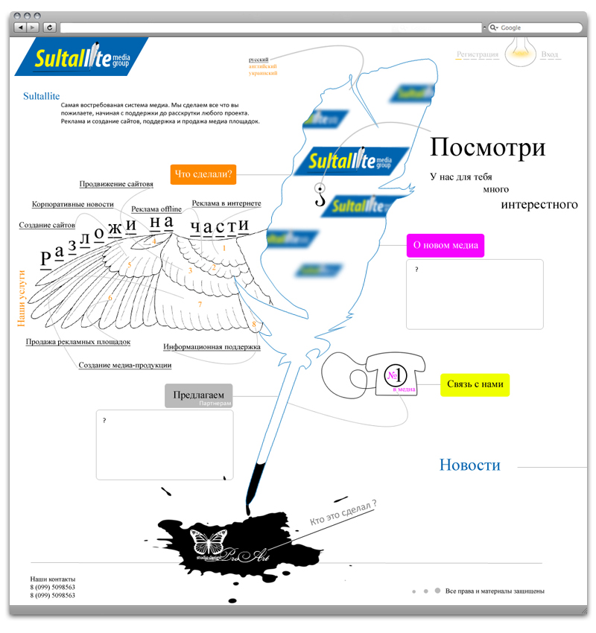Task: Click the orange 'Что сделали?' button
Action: (x=203, y=175)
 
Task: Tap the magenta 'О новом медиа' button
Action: (x=445, y=246)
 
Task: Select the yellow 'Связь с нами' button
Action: (x=475, y=384)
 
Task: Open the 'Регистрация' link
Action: (x=478, y=54)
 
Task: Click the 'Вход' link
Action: (x=550, y=54)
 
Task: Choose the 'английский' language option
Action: (x=263, y=66)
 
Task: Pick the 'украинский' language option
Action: (x=263, y=74)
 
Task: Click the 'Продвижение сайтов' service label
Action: (x=116, y=184)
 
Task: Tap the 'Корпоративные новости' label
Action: (x=73, y=204)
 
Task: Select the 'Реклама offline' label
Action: (x=156, y=209)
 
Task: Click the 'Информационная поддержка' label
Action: (x=212, y=346)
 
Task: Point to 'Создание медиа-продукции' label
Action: (x=125, y=365)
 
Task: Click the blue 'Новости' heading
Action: (x=469, y=465)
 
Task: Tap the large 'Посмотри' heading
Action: (x=487, y=147)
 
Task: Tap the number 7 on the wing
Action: (x=200, y=305)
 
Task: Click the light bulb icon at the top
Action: (x=520, y=52)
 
